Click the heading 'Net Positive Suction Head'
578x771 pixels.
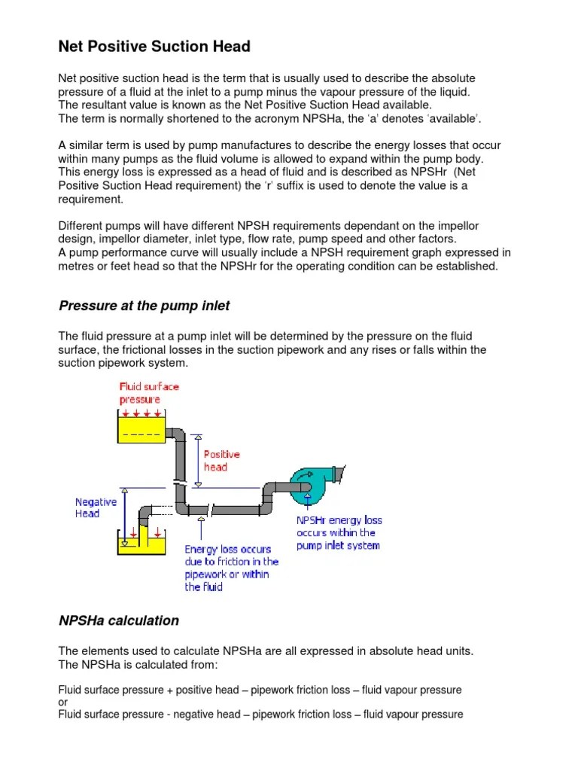tap(154, 47)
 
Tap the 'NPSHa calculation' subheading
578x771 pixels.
tap(119, 620)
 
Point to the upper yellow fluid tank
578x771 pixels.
tap(141, 429)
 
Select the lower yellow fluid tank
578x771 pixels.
tap(140, 541)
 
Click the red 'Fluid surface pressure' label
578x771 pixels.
tap(149, 393)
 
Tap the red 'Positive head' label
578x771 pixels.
tap(221, 460)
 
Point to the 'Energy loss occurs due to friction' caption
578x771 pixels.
tap(231, 568)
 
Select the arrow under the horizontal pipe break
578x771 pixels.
tap(200, 524)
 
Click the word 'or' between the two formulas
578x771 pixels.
tap(63, 702)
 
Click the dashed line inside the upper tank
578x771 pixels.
tap(141, 434)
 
